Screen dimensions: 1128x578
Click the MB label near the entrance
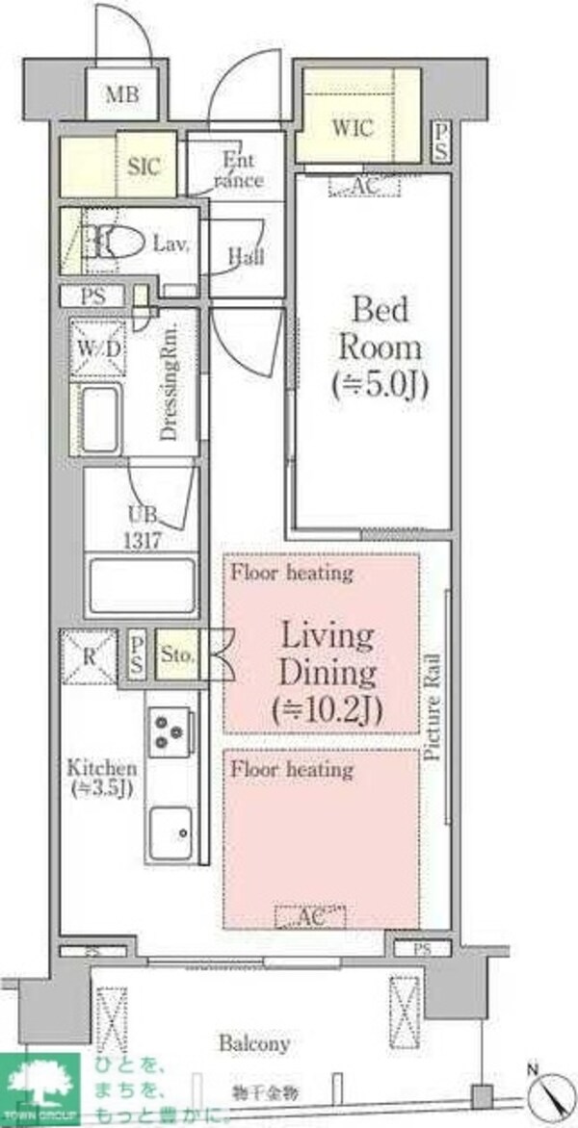122,94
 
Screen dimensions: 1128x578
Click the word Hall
247,257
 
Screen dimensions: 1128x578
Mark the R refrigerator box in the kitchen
88,658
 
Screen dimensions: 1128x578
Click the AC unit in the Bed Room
364,186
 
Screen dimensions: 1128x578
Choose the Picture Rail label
433,706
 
